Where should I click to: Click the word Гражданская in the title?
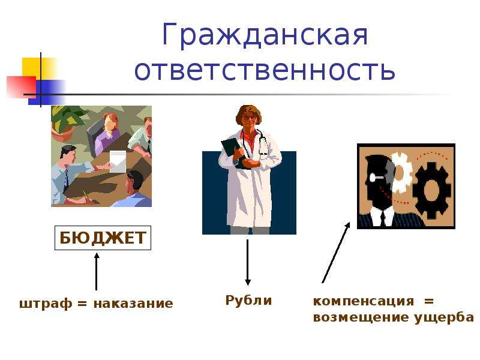(x=265, y=35)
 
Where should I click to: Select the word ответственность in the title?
(x=265, y=70)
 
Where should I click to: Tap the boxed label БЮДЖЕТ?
(x=103, y=238)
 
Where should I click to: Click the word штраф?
(x=46, y=304)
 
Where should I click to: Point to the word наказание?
(x=133, y=304)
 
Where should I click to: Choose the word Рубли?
(x=248, y=300)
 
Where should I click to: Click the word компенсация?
(x=364, y=302)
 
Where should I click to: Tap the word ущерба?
(x=444, y=317)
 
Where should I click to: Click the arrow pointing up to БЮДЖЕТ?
(x=97, y=271)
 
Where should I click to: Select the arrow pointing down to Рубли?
(x=248, y=262)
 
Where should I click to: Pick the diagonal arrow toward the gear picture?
(x=336, y=253)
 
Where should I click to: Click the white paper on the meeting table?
(x=118, y=161)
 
